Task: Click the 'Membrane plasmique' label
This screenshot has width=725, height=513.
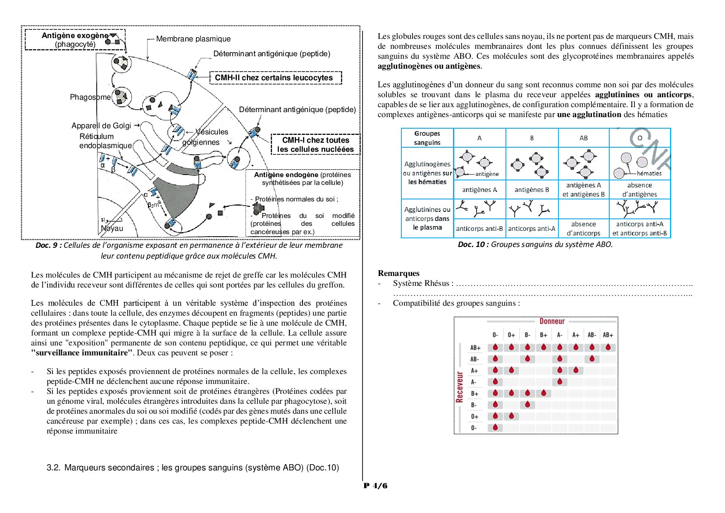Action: point(193,39)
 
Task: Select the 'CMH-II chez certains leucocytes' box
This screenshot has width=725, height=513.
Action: point(276,78)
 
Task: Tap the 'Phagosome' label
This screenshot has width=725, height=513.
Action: point(90,97)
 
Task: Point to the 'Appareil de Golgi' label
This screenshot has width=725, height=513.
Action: point(101,126)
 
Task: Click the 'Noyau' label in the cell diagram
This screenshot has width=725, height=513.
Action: point(112,228)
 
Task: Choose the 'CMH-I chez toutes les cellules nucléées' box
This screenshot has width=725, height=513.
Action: point(315,145)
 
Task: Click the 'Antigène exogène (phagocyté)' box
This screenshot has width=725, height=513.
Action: point(75,40)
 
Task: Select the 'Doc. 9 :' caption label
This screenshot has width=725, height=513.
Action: point(48,245)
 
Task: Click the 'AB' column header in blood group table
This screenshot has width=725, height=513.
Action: point(584,138)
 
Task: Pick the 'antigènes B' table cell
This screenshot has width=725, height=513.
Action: point(532,190)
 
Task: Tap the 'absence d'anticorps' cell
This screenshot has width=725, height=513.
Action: point(583,228)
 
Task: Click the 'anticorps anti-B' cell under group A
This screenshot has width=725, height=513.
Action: point(479,228)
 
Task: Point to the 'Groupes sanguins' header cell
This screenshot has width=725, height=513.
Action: point(427,138)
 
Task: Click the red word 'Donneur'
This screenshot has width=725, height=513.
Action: point(552,321)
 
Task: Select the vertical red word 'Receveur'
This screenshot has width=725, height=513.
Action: point(459,387)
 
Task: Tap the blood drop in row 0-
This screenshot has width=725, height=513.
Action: point(495,427)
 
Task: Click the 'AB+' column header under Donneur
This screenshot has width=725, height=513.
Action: point(608,335)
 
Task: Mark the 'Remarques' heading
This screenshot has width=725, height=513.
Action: point(398,273)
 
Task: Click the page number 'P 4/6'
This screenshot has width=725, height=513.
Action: point(375,486)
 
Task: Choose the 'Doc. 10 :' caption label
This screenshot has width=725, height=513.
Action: point(473,245)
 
